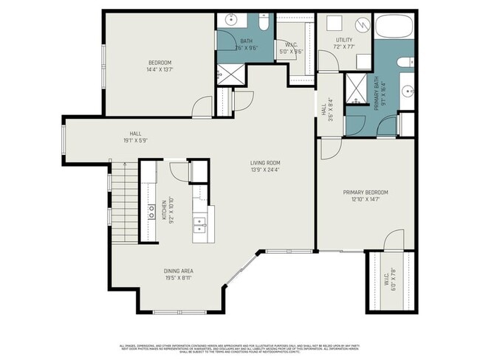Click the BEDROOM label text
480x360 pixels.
[x=160, y=62]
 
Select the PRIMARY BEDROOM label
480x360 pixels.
[x=366, y=193]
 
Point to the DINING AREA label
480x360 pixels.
[x=179, y=271]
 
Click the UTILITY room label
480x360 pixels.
[x=344, y=40]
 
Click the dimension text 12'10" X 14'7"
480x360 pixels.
[x=366, y=199]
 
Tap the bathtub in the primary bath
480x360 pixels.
[x=396, y=29]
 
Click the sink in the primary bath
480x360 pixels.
[x=408, y=91]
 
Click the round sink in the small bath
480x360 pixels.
[x=230, y=20]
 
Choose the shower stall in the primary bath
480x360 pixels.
[x=356, y=89]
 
